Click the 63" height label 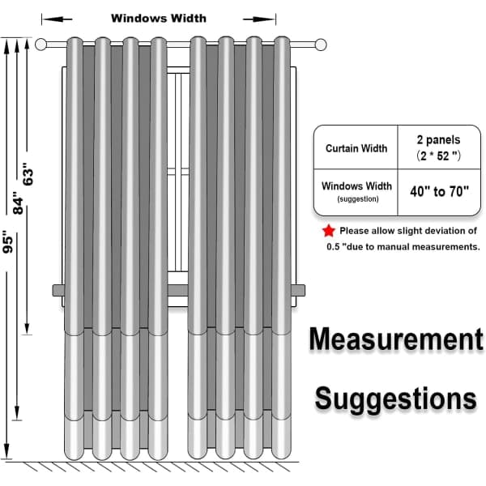click(28, 174)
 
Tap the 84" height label click(18, 203)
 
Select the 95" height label click(8, 241)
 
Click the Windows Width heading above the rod click(159, 19)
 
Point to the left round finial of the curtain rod click(40, 45)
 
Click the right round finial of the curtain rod click(321, 45)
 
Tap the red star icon click(329, 231)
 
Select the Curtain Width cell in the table click(356, 148)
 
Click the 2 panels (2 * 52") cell click(438, 148)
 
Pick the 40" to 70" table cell click(439, 192)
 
